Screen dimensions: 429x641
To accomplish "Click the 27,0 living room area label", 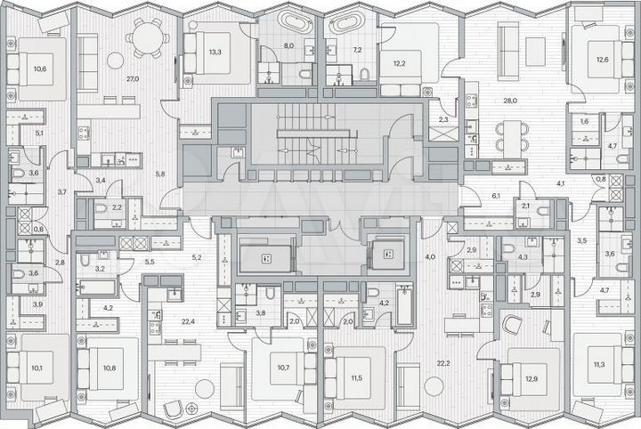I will tap(133, 79).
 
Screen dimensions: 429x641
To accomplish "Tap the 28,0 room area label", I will tap(510, 101).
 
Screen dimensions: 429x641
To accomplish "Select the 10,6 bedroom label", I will tap(40, 69).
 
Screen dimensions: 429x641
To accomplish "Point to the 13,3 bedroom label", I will tap(215, 52).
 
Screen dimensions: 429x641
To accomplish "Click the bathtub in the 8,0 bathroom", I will tap(289, 22).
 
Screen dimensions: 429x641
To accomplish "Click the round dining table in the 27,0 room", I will tap(143, 38).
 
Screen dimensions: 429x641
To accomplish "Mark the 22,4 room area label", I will tap(189, 322).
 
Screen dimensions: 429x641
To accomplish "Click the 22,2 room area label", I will tap(442, 362).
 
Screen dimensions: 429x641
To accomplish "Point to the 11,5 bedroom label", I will tap(356, 378).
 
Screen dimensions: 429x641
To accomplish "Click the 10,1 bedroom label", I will tap(37, 367).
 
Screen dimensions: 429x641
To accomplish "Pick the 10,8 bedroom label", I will tap(109, 367).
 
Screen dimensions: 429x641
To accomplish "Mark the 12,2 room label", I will tap(400, 63).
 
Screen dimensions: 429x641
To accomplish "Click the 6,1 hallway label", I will tap(496, 195).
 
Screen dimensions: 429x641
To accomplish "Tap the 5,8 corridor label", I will tap(159, 173).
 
